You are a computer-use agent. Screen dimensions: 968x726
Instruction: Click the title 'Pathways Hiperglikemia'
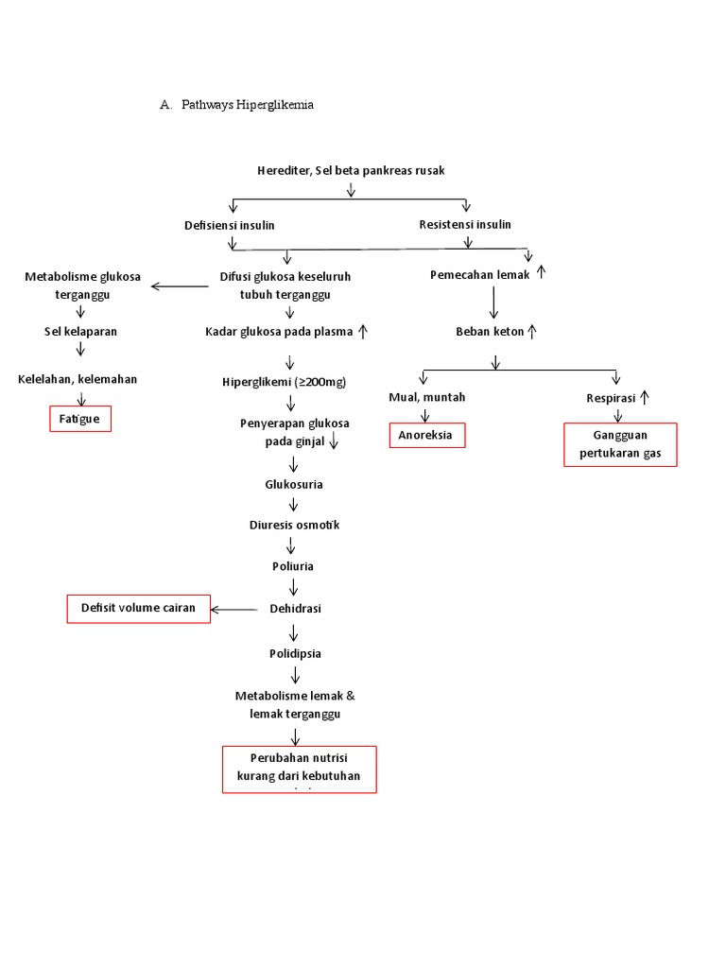[x=247, y=105]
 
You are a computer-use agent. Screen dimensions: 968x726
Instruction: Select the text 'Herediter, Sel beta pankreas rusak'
[x=351, y=170]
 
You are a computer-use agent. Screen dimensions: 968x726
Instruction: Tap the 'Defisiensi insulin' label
[x=230, y=225]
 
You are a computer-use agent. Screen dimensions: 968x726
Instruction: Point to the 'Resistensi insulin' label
[x=465, y=224]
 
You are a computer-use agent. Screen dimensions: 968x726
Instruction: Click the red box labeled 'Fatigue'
[x=80, y=418]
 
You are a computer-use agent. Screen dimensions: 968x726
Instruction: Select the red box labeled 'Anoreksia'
[x=427, y=435]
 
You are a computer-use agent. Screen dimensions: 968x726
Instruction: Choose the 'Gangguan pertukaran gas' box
[x=620, y=444]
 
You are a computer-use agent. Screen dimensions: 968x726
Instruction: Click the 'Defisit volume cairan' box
[x=138, y=609]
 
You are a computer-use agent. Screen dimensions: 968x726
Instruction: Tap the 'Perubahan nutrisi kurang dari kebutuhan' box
[x=299, y=768]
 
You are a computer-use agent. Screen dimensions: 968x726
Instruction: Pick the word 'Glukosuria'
[x=294, y=484]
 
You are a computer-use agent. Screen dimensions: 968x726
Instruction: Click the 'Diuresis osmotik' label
[x=294, y=525]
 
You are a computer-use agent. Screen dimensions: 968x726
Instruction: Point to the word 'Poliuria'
[x=294, y=566]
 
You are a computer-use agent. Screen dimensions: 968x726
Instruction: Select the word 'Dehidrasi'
[x=295, y=609]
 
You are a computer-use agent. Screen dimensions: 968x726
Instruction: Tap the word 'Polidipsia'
[x=295, y=653]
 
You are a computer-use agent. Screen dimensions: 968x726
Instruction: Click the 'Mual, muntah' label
[x=426, y=397]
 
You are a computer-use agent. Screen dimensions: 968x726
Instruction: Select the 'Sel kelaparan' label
[x=80, y=332]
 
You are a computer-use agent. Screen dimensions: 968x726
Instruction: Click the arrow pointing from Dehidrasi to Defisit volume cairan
[x=234, y=610]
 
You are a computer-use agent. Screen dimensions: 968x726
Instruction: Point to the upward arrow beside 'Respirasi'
[x=644, y=398]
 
